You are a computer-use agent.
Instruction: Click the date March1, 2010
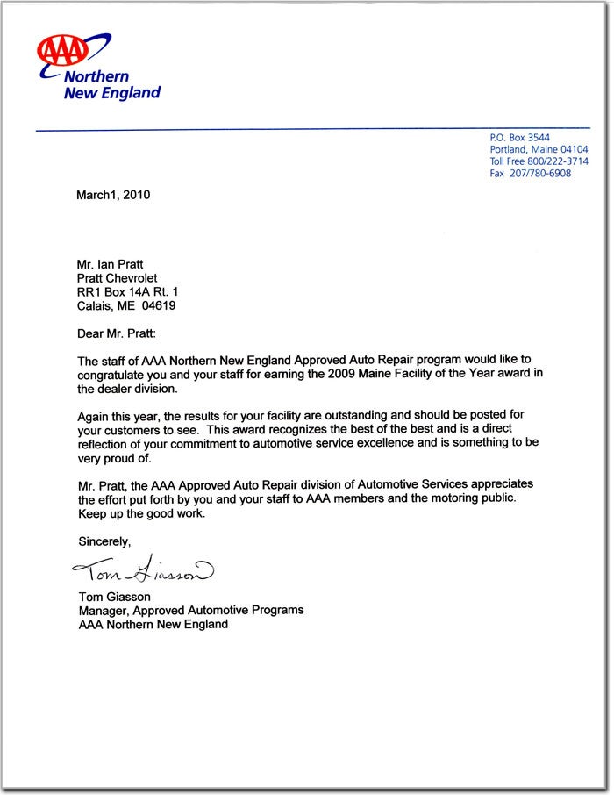tap(113, 195)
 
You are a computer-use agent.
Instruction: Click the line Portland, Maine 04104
tap(539, 150)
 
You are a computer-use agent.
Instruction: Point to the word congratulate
tap(113, 375)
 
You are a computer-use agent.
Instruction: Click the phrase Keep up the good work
tap(141, 513)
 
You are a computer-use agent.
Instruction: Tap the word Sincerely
tap(104, 541)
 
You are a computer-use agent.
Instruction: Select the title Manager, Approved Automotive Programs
tap(191, 610)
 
